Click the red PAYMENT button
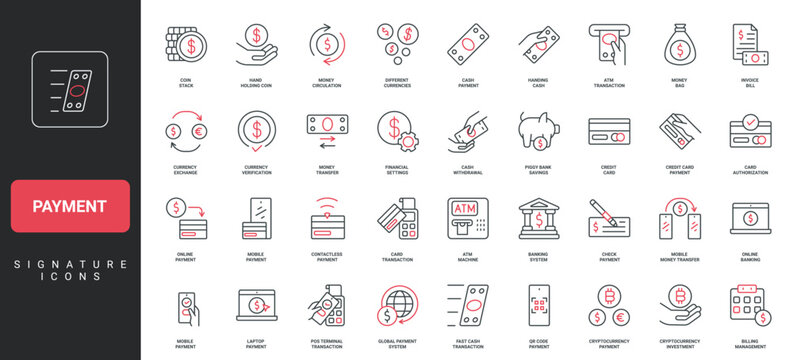[x=70, y=206]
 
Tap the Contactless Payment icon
[x=326, y=217]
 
